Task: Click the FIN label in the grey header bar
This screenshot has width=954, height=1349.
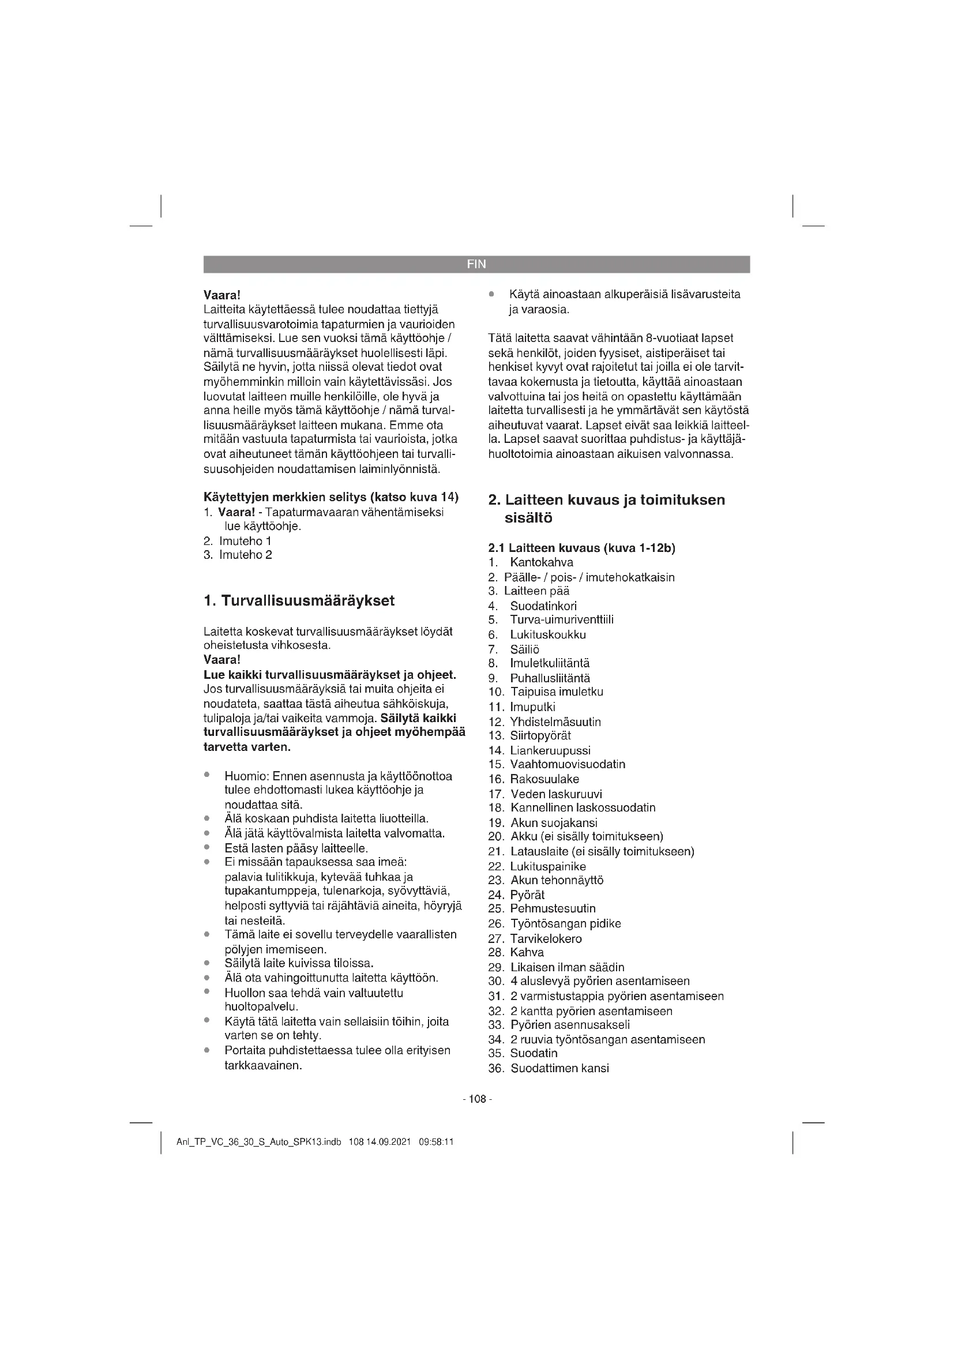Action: [476, 264]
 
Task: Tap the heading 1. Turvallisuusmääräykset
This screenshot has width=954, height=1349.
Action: [299, 600]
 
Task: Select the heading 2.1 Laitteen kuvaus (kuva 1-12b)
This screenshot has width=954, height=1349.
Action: [581, 548]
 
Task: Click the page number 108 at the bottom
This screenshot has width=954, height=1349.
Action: [477, 1099]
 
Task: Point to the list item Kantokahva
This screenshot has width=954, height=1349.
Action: [541, 562]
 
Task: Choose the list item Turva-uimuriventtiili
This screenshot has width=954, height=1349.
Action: [562, 620]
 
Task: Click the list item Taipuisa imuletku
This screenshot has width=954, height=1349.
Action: [556, 692]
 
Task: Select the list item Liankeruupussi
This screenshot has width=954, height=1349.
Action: [550, 750]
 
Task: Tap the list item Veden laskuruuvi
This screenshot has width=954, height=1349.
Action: [555, 794]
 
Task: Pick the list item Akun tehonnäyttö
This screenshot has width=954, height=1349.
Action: [556, 880]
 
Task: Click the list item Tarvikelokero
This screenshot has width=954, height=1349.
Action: [546, 939]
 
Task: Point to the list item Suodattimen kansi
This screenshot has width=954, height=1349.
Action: [559, 1068]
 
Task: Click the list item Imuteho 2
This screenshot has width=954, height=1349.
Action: [245, 555]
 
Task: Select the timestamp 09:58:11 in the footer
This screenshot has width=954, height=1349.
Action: [436, 1143]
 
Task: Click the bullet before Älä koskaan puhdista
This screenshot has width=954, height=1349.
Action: [208, 818]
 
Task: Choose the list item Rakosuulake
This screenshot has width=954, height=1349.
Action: [544, 780]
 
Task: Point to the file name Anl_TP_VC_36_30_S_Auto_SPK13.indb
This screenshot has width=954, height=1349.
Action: [258, 1143]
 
